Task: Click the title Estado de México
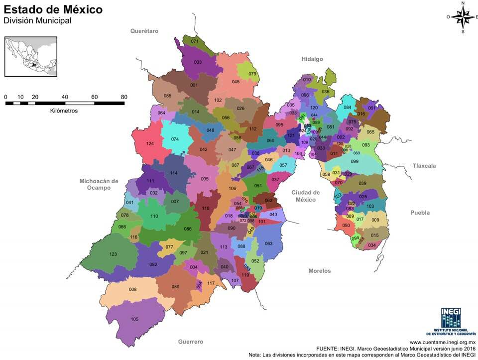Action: (x=54, y=9)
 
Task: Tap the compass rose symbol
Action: (x=463, y=17)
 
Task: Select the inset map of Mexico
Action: (x=30, y=56)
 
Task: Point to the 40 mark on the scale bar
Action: (x=65, y=97)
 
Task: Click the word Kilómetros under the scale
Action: (x=64, y=111)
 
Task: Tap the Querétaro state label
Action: (x=144, y=31)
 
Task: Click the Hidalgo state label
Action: (x=312, y=59)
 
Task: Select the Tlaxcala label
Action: (x=424, y=165)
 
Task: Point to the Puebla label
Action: (x=420, y=213)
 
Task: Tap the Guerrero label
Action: (x=191, y=342)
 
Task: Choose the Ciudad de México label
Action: (x=306, y=196)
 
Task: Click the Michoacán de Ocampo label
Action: (x=99, y=184)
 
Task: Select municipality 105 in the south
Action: (x=134, y=319)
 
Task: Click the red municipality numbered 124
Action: (x=150, y=144)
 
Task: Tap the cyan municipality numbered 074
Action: (x=175, y=139)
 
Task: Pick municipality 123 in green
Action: (x=113, y=254)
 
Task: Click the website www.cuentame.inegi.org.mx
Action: (x=443, y=343)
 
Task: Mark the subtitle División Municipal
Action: (x=38, y=21)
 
